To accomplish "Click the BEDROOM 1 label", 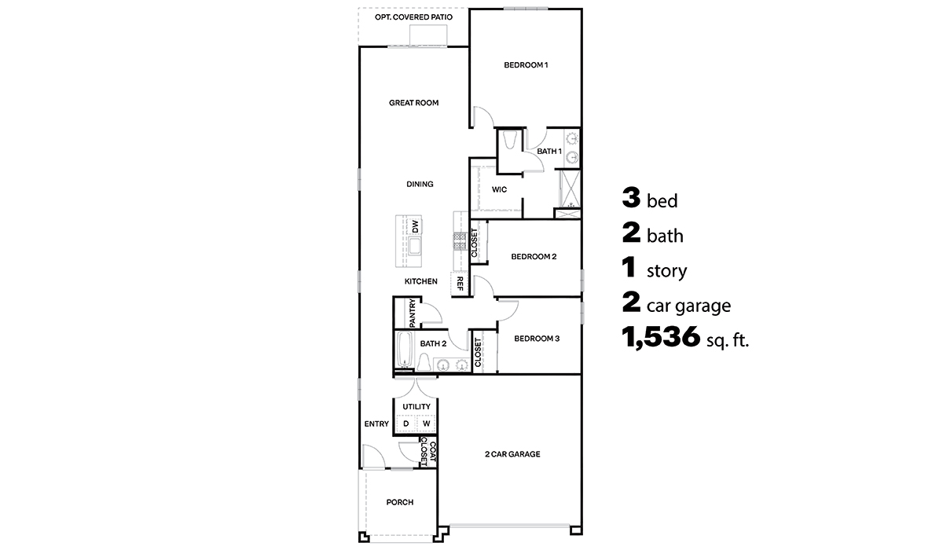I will pos(526,64).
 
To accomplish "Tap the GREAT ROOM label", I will pos(413,102).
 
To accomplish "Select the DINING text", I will pos(420,185).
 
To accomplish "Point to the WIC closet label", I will pos(498,189).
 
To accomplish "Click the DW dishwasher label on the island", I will pos(415,225).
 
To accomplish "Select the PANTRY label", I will pos(412,313).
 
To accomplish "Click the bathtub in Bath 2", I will pos(405,350).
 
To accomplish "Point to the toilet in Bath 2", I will pos(424,362).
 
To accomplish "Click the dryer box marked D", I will pos(405,424).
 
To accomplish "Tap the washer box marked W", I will pos(426,424).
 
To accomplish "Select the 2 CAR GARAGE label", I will pos(512,454).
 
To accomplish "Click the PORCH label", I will pos(399,503).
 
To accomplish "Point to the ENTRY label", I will pos(376,424).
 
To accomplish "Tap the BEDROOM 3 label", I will pos(537,339).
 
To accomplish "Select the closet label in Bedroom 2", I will pos(474,243).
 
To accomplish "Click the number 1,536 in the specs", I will pos(660,338).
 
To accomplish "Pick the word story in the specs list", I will pos(666,272).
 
